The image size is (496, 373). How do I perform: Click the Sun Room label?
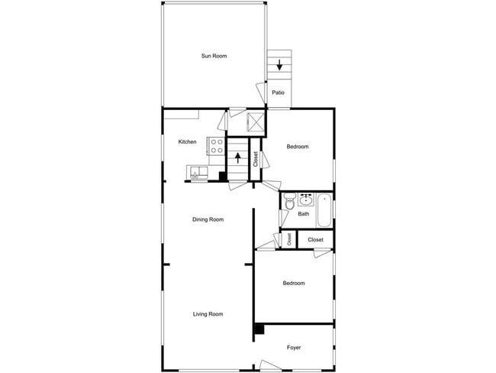tap(214, 56)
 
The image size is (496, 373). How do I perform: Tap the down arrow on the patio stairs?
tap(279, 65)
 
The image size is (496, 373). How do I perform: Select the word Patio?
tap(279, 93)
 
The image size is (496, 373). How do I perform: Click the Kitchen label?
tap(187, 141)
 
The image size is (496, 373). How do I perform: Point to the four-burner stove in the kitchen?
tap(216, 145)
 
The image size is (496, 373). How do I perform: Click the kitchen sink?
tap(198, 173)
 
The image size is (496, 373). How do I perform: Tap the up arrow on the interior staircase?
tap(240, 159)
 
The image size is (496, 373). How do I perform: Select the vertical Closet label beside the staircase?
tap(256, 159)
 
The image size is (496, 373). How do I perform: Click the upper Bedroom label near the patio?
tap(298, 147)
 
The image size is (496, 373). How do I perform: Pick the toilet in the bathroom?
tap(289, 202)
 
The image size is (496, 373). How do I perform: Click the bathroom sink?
tap(306, 200)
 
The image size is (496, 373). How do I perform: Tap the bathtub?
tap(324, 212)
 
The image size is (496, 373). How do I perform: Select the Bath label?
tap(303, 214)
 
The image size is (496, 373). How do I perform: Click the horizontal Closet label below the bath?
tap(315, 240)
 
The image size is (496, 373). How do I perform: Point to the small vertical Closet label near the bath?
tap(289, 240)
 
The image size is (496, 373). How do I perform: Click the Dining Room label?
tap(208, 219)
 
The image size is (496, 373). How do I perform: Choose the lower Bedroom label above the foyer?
tap(294, 284)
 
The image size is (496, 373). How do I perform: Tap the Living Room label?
tap(208, 314)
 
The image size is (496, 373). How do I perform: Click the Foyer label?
tap(294, 348)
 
